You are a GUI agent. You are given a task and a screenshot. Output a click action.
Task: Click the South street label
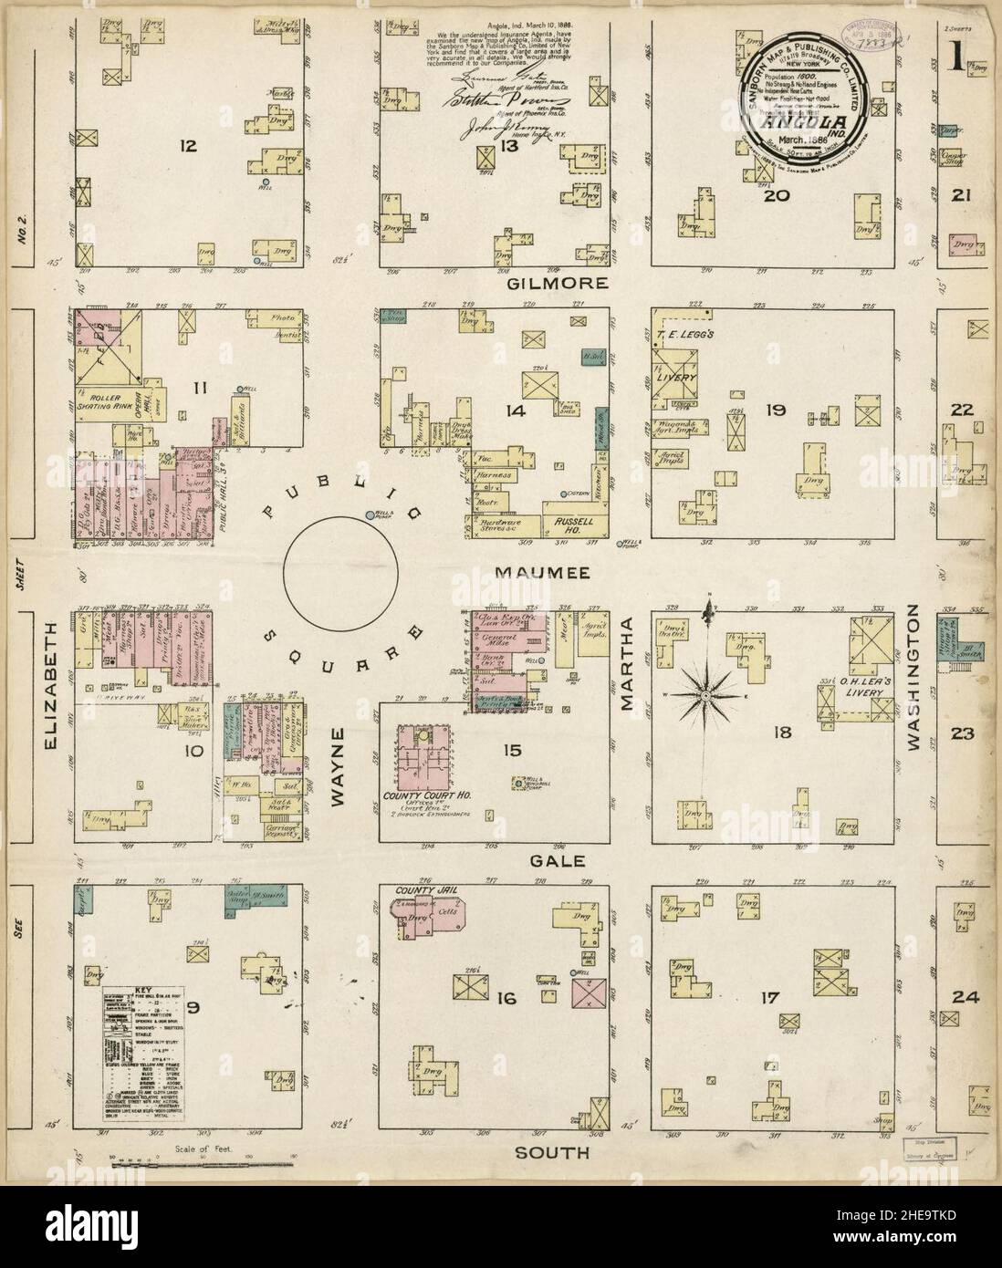[551, 1152]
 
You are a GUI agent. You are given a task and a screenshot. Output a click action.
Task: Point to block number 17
[768, 998]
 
